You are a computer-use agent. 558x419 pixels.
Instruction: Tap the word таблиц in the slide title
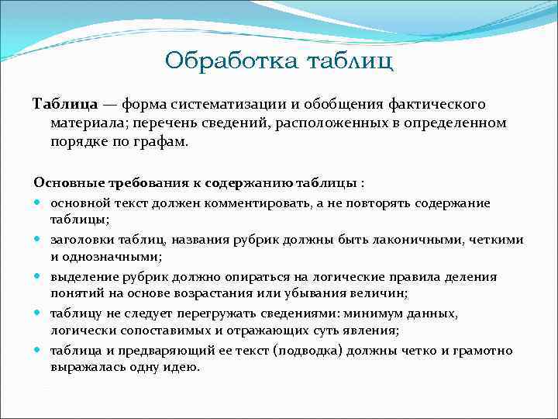(x=350, y=60)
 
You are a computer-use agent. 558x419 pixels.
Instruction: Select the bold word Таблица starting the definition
(x=64, y=104)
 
